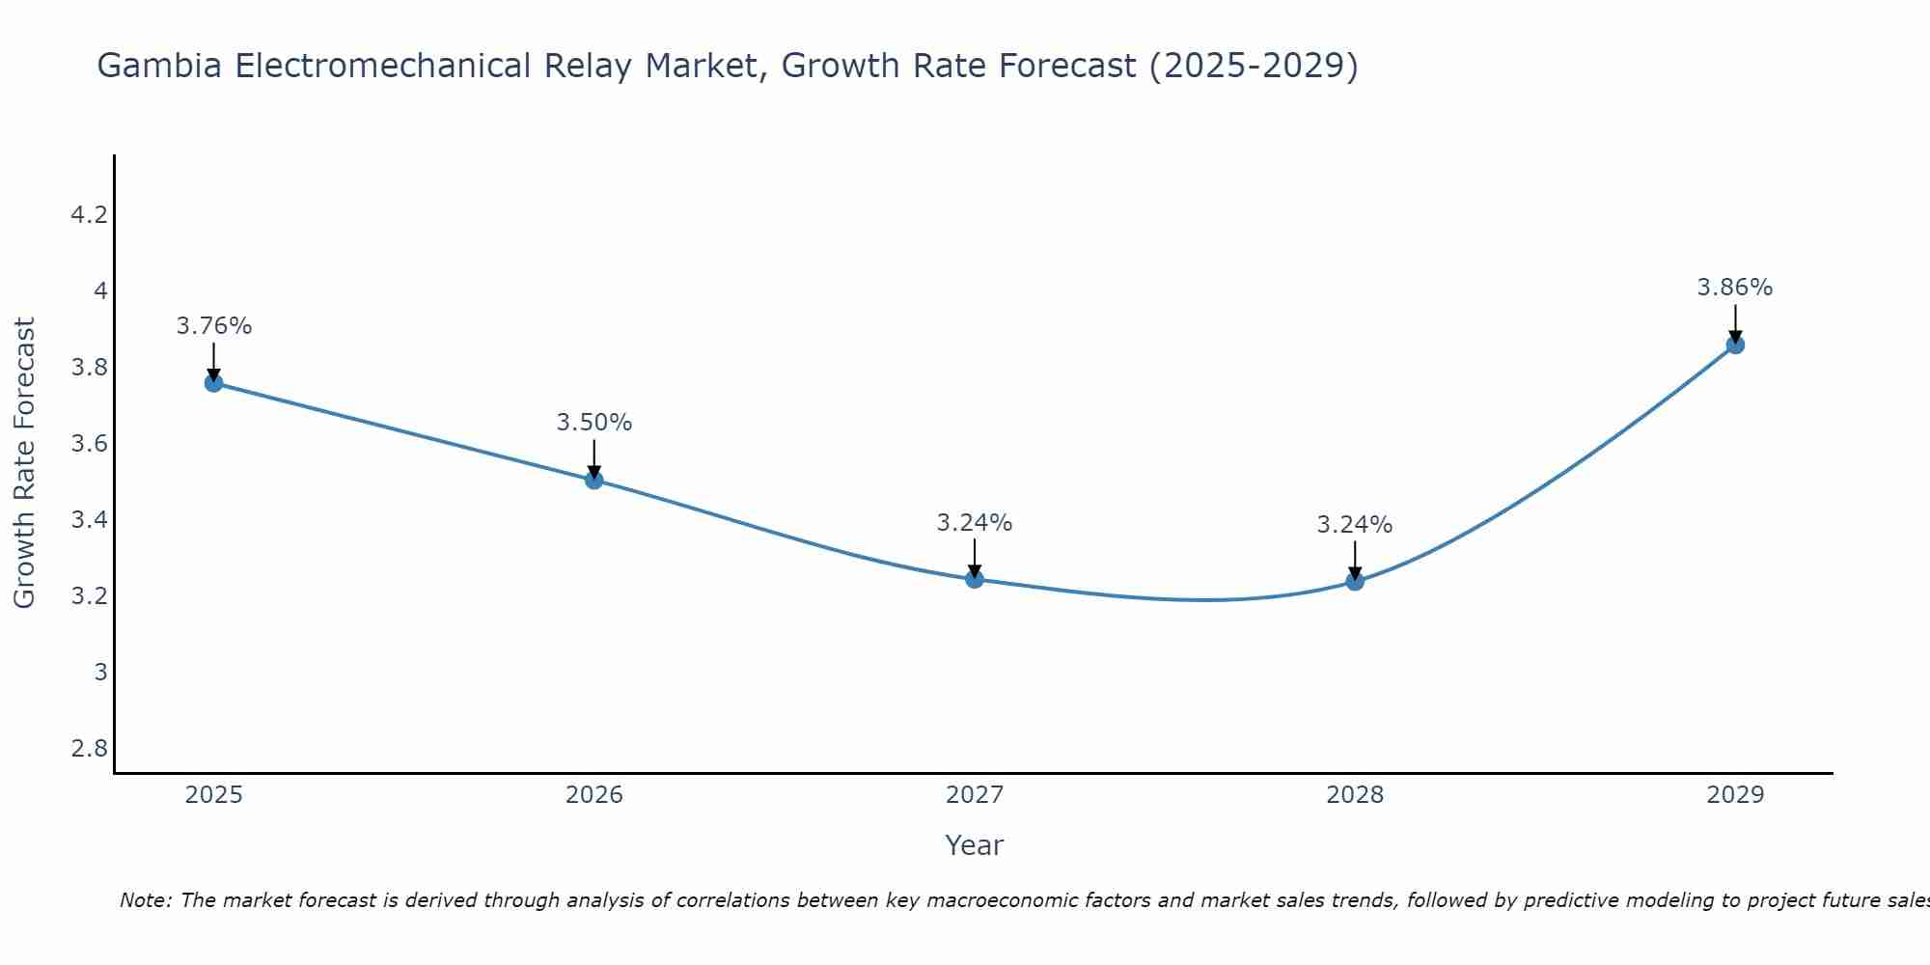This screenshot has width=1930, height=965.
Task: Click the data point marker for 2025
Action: [x=213, y=383]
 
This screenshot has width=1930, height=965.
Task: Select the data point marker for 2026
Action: [x=593, y=480]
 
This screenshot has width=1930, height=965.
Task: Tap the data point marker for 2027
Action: [x=974, y=579]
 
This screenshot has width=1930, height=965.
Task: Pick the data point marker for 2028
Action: [x=1354, y=581]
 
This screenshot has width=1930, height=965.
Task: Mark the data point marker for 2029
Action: [x=1734, y=345]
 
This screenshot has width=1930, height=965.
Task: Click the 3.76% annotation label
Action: [x=213, y=326]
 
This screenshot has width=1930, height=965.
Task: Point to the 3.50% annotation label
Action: [x=593, y=423]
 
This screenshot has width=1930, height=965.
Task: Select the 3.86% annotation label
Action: [x=1734, y=288]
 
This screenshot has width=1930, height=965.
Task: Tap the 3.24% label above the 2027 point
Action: [x=974, y=523]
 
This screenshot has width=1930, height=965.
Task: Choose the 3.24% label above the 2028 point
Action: [x=1354, y=525]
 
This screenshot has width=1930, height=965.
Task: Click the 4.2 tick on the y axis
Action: [x=89, y=215]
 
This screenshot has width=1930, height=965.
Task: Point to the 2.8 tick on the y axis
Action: [x=89, y=749]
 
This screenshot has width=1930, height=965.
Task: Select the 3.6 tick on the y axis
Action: [x=89, y=444]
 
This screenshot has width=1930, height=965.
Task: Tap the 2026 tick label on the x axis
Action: [x=593, y=795]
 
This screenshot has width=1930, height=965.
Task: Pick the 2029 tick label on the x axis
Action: [x=1734, y=795]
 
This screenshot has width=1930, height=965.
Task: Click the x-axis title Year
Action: [x=974, y=845]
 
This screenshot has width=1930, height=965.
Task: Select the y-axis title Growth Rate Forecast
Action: [x=24, y=463]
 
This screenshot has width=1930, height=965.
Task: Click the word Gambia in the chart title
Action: [x=160, y=67]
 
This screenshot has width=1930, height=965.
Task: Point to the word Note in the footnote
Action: [x=145, y=900]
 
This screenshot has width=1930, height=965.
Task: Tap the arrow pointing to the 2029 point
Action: [x=1734, y=322]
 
